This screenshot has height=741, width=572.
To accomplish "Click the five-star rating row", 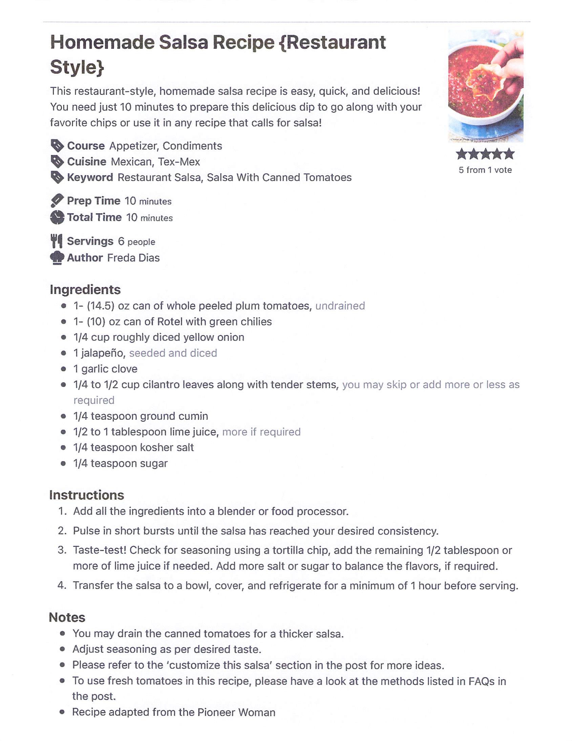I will click(x=485, y=154).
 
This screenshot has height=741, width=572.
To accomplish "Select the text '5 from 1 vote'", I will click(x=485, y=170).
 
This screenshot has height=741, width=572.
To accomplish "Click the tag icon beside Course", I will click(x=57, y=146).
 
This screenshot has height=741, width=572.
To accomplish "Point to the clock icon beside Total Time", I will click(x=57, y=217).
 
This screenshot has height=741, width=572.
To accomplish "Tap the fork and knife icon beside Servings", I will click(x=57, y=241).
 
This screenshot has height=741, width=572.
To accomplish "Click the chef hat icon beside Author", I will click(x=57, y=258).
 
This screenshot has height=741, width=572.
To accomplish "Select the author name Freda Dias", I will click(x=133, y=258).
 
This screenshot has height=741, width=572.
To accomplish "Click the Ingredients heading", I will click(x=85, y=289).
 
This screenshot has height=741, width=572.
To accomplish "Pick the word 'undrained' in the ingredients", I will click(x=340, y=306).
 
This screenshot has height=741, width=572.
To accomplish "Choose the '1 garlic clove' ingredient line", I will click(x=106, y=369).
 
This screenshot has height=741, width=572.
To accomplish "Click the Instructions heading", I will click(x=87, y=495).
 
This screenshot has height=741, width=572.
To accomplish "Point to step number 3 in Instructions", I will click(x=62, y=550).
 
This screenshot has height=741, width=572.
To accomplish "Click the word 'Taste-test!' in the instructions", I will click(x=100, y=550).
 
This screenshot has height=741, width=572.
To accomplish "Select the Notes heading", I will click(x=67, y=617).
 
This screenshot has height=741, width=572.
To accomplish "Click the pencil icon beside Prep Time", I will click(x=57, y=200).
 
